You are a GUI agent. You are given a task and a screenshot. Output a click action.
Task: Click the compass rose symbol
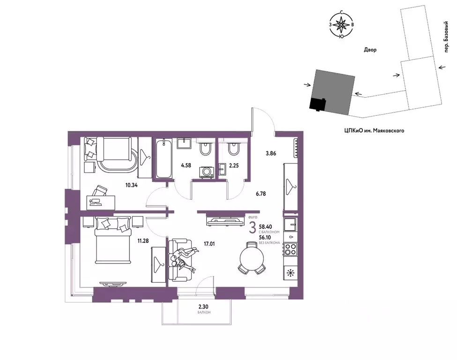pyautogui.click(x=341, y=24)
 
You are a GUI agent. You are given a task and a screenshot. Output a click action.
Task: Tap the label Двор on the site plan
pyautogui.click(x=370, y=50)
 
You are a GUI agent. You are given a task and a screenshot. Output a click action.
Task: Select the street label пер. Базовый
pyautogui.click(x=445, y=37)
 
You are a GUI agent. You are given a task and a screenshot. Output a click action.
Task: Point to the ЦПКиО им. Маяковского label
pyautogui.click(x=374, y=131)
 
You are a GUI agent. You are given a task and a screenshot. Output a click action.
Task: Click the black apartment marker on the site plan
pyautogui.click(x=318, y=105)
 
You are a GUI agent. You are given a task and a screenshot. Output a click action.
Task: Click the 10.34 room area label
pyautogui.click(x=131, y=185)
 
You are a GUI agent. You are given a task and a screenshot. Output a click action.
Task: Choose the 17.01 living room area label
pyautogui.click(x=209, y=244)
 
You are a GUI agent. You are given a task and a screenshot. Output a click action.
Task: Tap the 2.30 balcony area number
pyautogui.click(x=204, y=307)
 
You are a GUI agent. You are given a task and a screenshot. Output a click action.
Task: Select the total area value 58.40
pyautogui.click(x=265, y=226)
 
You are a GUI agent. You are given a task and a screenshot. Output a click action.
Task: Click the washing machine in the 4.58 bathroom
pyautogui.click(x=207, y=172)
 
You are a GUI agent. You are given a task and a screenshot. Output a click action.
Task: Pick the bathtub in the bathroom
pyautogui.click(x=164, y=158)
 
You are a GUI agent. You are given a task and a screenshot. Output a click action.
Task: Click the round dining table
pyautogui.click(x=252, y=258)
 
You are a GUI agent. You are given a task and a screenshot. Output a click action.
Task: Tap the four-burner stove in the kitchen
pyautogui.click(x=290, y=249)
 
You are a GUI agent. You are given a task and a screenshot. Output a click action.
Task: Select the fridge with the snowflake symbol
pyautogui.click(x=290, y=273)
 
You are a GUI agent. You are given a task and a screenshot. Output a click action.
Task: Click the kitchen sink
pyautogui.click(x=290, y=225)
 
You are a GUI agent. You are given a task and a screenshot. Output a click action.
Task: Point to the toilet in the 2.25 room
pyautogui.click(x=233, y=149)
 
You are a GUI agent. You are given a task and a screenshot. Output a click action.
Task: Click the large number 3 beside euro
pyautogui.click(x=253, y=228)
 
